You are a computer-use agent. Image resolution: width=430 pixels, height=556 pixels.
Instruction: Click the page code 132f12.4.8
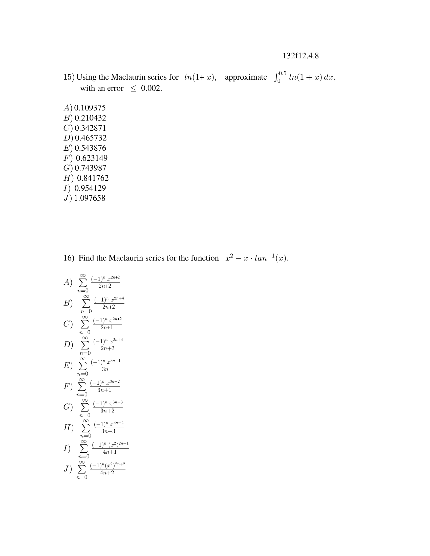[300, 56]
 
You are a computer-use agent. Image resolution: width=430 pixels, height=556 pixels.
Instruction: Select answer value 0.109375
[90, 108]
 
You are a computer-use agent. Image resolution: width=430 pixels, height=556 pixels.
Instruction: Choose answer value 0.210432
[90, 118]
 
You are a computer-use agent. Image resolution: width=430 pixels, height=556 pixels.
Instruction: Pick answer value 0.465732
[91, 138]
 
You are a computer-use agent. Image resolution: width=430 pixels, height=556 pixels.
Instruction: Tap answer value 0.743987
[90, 168]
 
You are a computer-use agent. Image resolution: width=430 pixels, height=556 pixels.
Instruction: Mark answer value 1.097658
[89, 198]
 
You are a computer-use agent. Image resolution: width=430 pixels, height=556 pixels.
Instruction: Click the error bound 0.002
[151, 88]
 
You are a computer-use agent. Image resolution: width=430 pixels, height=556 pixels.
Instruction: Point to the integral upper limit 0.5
[282, 74]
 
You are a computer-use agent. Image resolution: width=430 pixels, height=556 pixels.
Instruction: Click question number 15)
[69, 77]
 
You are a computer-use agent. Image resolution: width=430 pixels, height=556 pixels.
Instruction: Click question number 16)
[69, 258]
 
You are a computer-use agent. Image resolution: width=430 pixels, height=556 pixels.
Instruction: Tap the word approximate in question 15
[246, 77]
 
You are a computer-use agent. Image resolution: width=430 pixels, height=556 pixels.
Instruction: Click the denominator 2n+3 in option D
[107, 349]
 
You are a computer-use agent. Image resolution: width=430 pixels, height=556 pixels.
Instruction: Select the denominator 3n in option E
[105, 369]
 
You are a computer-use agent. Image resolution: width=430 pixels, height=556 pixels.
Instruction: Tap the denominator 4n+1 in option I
[110, 452]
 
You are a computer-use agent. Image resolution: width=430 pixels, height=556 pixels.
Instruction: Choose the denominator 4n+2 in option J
[107, 473]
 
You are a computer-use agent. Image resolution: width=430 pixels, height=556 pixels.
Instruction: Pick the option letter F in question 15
[67, 158]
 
